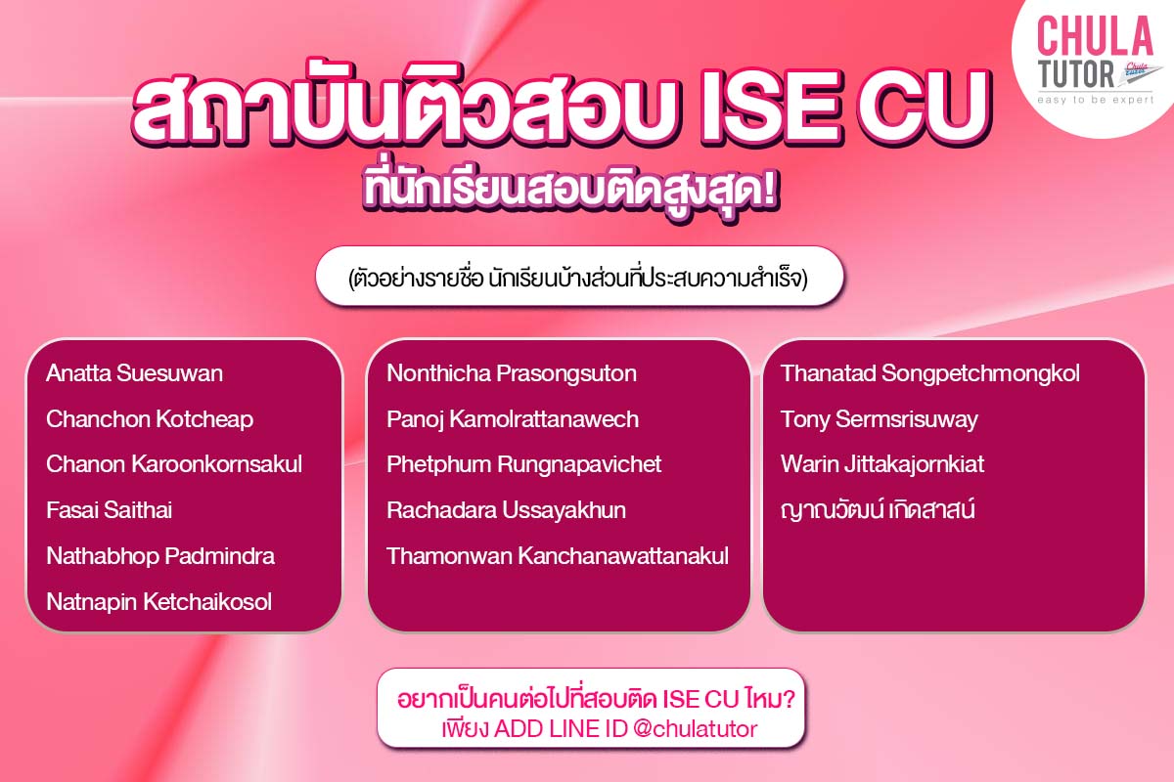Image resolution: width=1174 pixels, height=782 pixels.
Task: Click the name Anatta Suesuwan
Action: (x=134, y=373)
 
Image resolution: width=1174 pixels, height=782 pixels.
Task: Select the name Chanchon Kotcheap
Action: (x=150, y=419)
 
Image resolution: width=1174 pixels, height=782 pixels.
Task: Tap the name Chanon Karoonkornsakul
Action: (x=174, y=464)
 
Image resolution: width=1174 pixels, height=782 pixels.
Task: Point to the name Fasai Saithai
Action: (x=110, y=510)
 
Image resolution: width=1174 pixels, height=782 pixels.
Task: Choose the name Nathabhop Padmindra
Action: (x=160, y=556)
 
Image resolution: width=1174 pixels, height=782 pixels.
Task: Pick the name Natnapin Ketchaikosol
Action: (x=158, y=602)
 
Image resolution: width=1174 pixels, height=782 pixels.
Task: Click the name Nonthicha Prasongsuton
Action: (x=512, y=373)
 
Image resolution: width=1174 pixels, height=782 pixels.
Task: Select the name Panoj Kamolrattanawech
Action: (x=513, y=419)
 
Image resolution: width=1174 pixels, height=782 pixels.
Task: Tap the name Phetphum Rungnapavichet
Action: (x=524, y=464)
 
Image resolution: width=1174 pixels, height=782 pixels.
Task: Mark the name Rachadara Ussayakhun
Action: (x=506, y=510)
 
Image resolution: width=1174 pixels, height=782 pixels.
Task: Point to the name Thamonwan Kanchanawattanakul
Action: (x=558, y=556)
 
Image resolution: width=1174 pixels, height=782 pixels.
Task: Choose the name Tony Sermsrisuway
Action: (x=880, y=419)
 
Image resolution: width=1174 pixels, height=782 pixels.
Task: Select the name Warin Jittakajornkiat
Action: (x=882, y=464)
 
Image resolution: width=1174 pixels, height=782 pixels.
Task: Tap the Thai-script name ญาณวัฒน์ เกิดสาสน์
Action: (x=878, y=510)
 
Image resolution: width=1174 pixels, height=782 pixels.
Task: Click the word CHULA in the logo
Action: (x=1095, y=37)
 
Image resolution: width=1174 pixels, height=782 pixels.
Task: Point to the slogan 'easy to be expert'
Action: (x=1096, y=100)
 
